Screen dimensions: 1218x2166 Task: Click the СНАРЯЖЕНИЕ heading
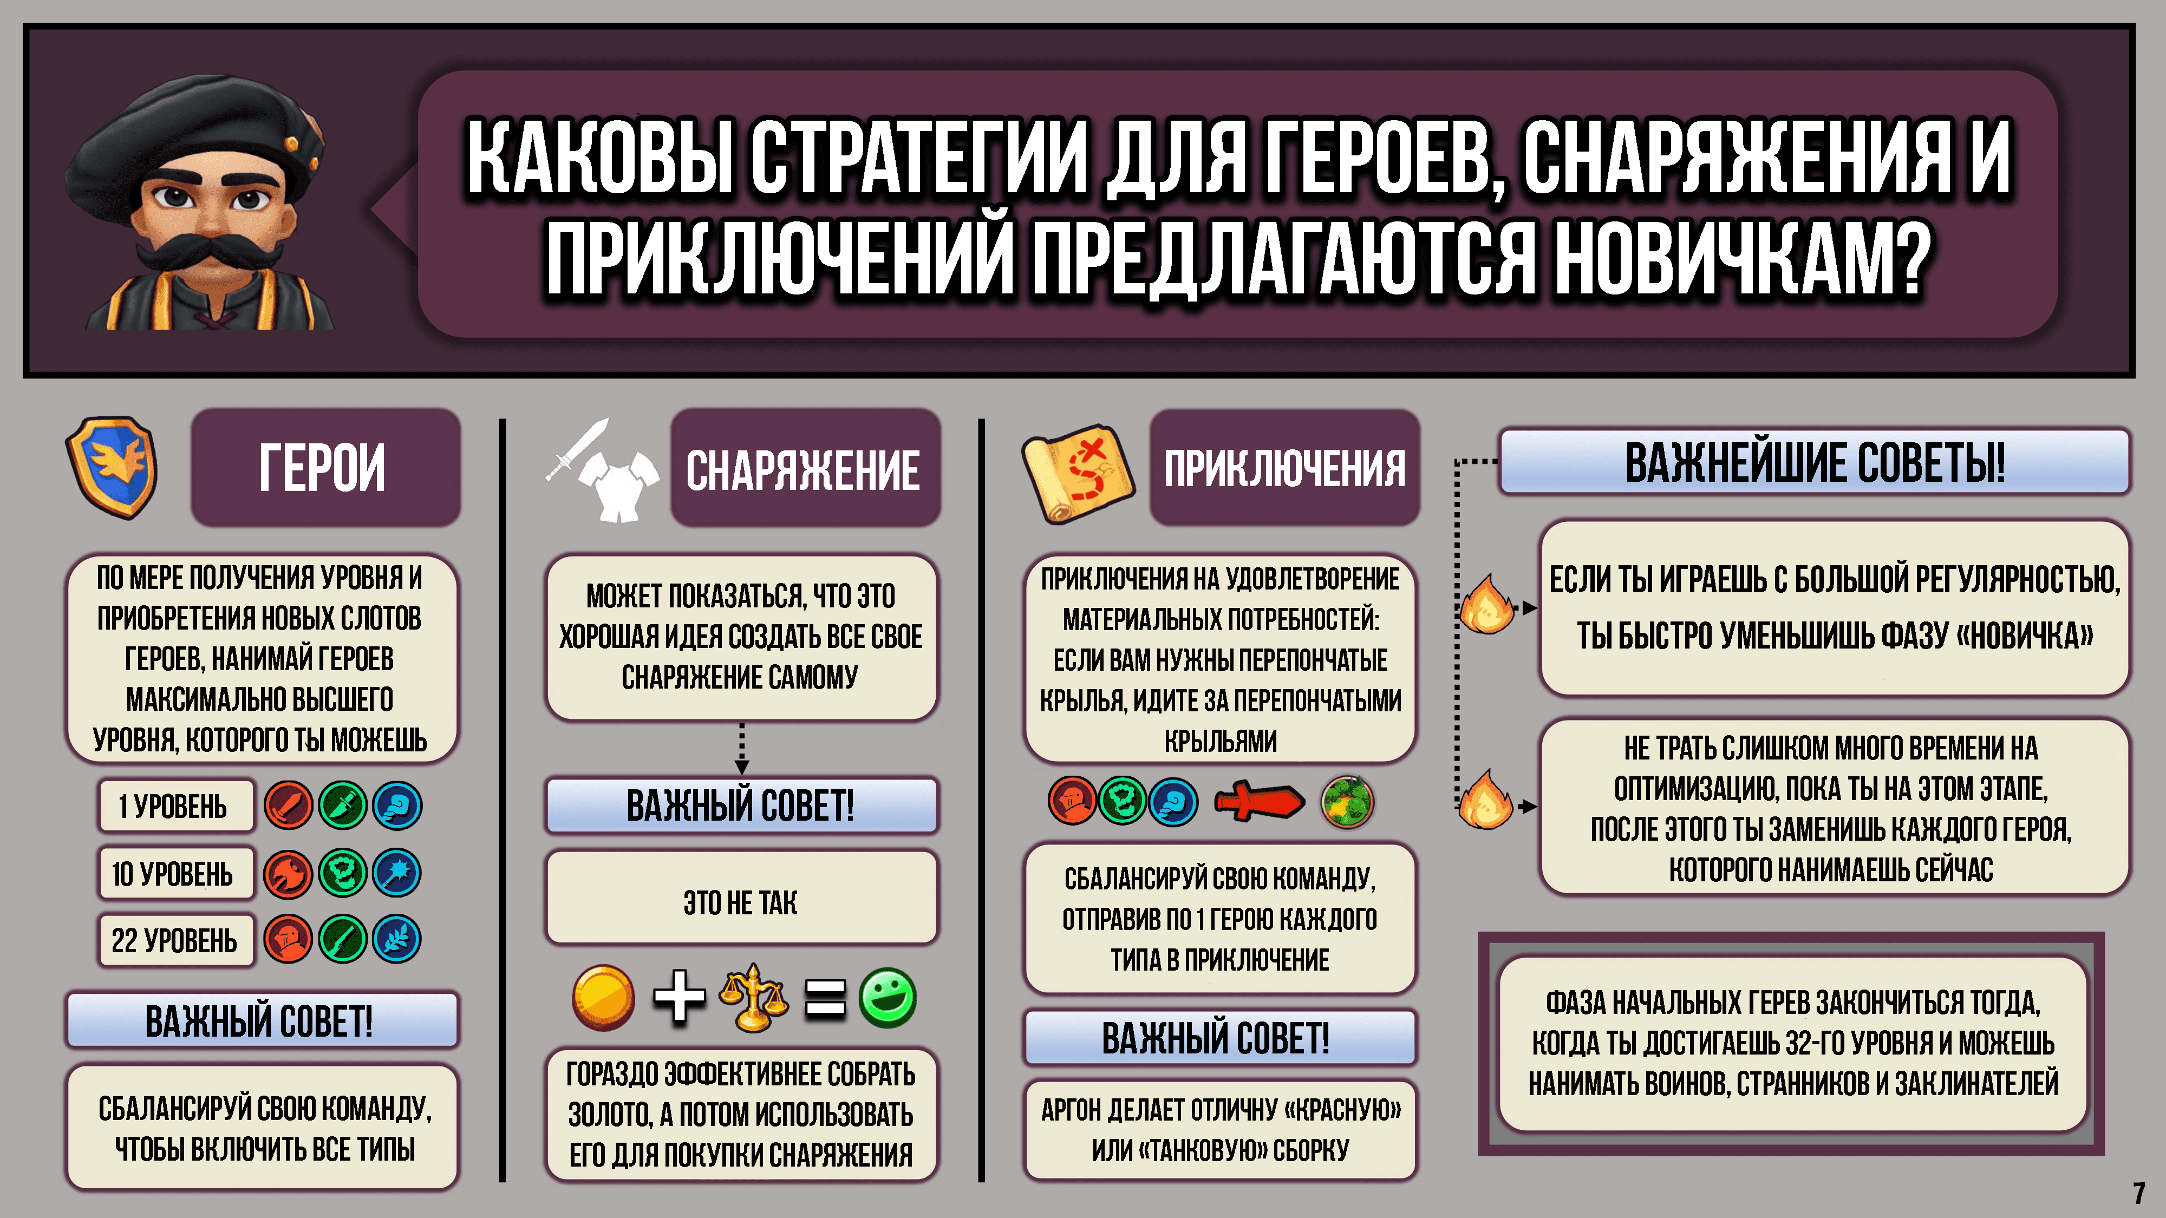[x=804, y=468]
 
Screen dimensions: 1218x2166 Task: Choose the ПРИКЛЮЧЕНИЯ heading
[x=1284, y=468]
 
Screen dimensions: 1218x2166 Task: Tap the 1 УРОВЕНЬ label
[x=174, y=806]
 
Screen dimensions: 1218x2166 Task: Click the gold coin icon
[x=603, y=998]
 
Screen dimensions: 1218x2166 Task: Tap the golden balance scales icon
[x=753, y=998]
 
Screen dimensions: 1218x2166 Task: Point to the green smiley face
[x=887, y=998]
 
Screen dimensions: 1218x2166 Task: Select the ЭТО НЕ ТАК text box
[x=741, y=902]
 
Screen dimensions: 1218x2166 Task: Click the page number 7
[x=2138, y=1193]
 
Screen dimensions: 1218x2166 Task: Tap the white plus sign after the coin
[x=678, y=998]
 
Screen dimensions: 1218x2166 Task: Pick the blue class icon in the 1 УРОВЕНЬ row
[x=397, y=806]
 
